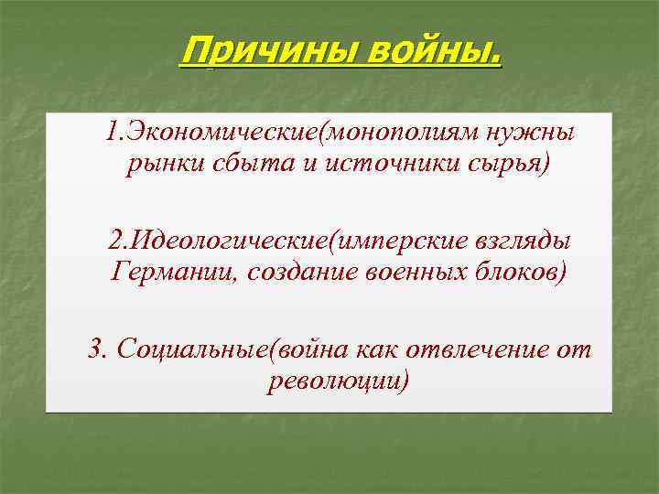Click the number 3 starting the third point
coord(94,349)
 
